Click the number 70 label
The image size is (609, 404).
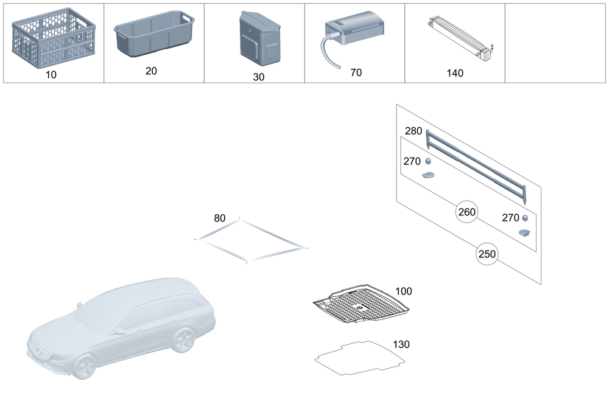point(356,72)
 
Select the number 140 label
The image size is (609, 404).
point(455,73)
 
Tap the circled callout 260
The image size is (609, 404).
point(467,212)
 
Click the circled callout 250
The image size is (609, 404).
point(487,254)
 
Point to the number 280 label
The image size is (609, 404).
point(414,131)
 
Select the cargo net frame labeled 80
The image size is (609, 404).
point(250,241)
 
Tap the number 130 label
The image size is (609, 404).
point(401,344)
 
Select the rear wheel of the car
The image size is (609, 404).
point(182,341)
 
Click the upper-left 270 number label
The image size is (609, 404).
point(412,161)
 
